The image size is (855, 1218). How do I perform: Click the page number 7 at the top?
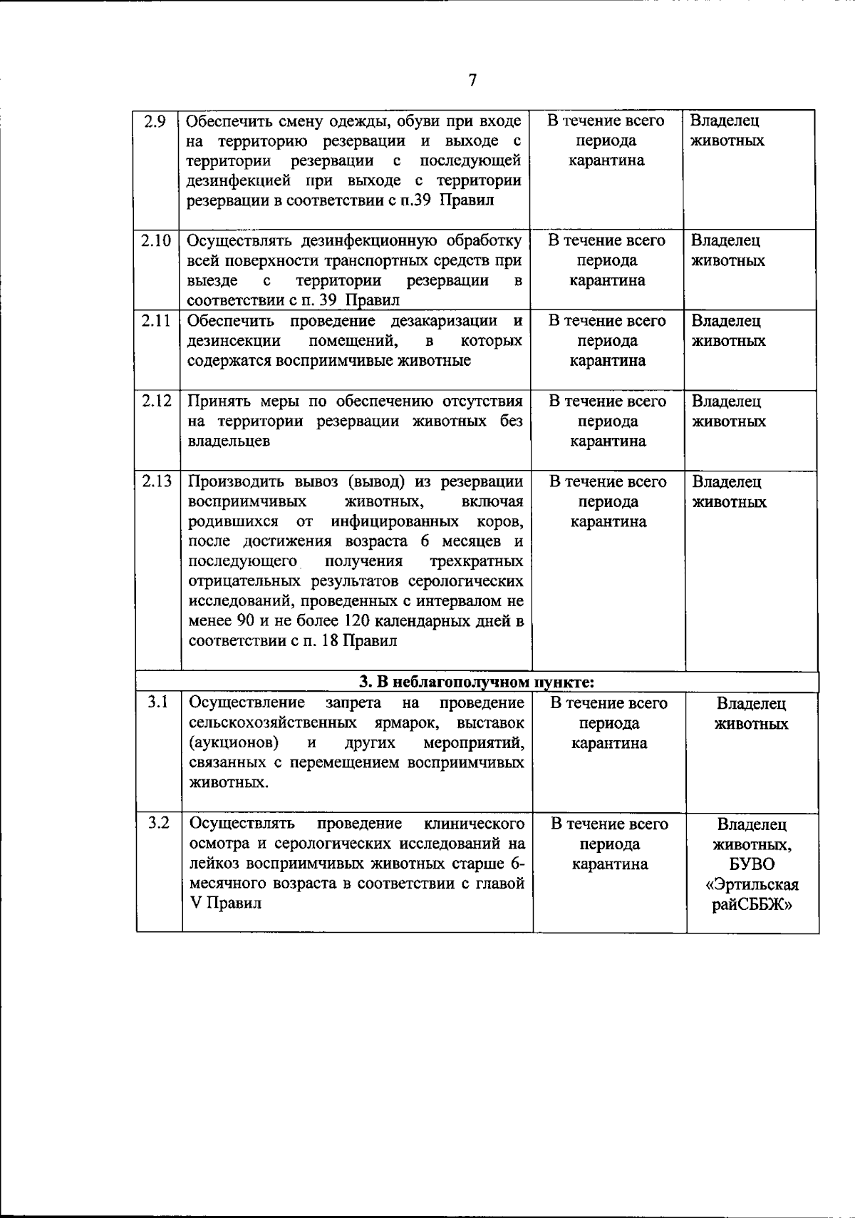coord(472,81)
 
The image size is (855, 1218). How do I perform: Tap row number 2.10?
coord(155,240)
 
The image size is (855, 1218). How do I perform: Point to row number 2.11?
coord(155,321)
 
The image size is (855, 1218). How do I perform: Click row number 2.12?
coord(156,401)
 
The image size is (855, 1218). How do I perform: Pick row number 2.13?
coord(156,481)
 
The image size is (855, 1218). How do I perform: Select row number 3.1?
coord(157,703)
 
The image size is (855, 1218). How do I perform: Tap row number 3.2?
coord(158,824)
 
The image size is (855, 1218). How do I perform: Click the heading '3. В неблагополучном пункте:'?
coord(477,682)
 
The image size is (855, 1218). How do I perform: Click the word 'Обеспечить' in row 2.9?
coord(226,121)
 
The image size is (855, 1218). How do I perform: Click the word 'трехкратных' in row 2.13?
coord(477,561)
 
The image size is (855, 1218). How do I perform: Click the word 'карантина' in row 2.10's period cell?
coord(607,281)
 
